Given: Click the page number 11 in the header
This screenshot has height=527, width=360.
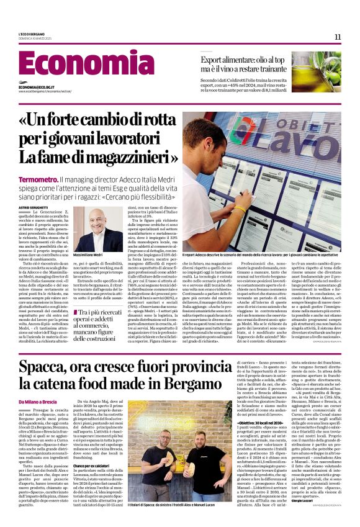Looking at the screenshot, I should (x=337, y=37).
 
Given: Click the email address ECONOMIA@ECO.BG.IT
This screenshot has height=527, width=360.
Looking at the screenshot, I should (x=39, y=88).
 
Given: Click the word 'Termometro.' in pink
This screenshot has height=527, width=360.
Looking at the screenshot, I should (x=38, y=179).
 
